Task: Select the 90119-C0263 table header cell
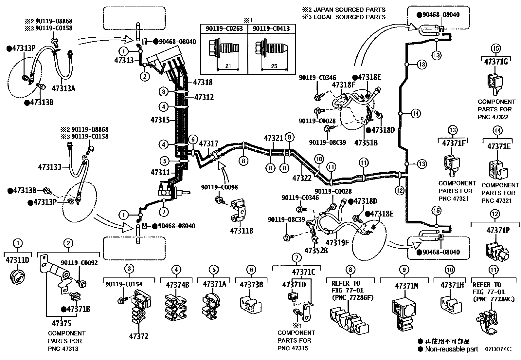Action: click(224, 29)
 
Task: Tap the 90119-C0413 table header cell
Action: click(271, 29)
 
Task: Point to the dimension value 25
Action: click(274, 66)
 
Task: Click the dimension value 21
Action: click(228, 66)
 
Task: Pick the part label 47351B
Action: click(366, 143)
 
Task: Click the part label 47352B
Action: click(316, 251)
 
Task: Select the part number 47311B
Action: click(242, 231)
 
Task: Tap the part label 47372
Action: click(138, 336)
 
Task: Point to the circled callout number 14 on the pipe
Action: click(415, 114)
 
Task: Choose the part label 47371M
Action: click(406, 286)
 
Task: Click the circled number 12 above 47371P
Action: click(495, 214)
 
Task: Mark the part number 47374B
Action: click(177, 285)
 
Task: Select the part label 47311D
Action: click(18, 260)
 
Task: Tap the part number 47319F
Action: click(337, 242)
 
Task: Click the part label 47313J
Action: click(50, 167)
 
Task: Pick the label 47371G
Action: click(496, 61)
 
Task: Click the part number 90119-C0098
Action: click(219, 187)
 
